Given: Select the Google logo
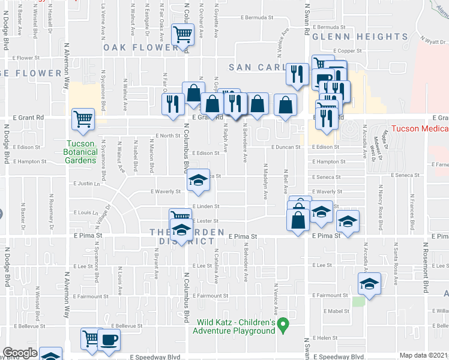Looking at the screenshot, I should coord(20,353).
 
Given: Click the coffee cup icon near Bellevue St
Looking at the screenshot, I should coord(109,340).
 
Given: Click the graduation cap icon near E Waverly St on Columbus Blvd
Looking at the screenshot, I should coord(197,181).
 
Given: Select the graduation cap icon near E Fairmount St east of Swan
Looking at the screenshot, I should coord(369,284).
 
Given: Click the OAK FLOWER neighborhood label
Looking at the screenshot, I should coord(141,47).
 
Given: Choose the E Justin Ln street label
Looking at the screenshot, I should coord(85,184).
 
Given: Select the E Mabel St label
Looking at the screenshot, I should coord(336,311).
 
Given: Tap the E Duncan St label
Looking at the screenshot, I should coord(285,147).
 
